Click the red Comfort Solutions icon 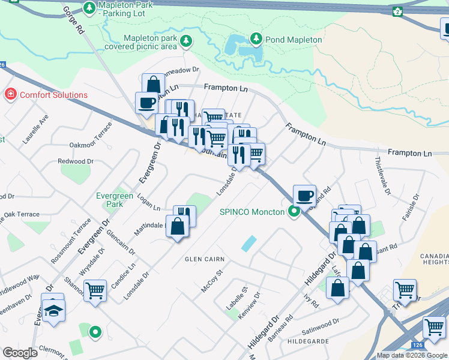tap(10, 95)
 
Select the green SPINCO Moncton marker tap(294, 212)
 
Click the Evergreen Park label tap(115, 200)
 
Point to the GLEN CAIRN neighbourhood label tap(205, 259)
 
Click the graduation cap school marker tap(53, 310)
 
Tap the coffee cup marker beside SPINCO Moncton tap(305, 195)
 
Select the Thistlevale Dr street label tap(382, 174)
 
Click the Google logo tap(19, 353)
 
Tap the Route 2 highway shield tap(397, 11)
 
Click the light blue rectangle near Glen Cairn tap(249, 243)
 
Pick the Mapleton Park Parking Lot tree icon tap(89, 8)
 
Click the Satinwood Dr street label tap(321, 325)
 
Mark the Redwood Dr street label tap(76, 161)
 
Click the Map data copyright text tap(411, 355)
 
